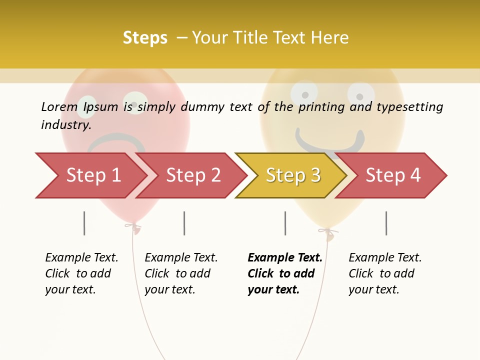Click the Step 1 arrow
coord(92,175)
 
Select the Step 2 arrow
coord(193,175)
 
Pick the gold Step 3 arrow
coord(293,175)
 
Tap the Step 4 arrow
coord(393,175)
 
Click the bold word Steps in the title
coord(145,37)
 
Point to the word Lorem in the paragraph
coord(59,106)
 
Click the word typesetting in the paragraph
coord(409,107)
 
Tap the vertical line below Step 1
coord(84,223)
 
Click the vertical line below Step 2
coord(184,223)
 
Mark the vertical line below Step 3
coord(285,223)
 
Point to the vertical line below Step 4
coord(386,223)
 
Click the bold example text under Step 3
coord(285,273)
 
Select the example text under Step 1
coord(81,273)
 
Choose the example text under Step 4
coord(385,273)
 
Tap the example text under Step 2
coord(181,273)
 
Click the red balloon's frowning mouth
coord(116,140)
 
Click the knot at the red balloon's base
coord(133,227)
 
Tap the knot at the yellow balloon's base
coord(327,232)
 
